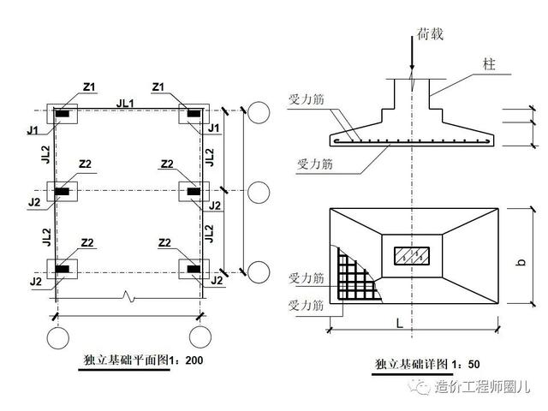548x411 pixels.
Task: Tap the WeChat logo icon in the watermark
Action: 422,388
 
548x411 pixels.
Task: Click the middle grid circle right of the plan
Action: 259,192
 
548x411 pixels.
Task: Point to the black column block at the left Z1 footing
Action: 63,114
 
